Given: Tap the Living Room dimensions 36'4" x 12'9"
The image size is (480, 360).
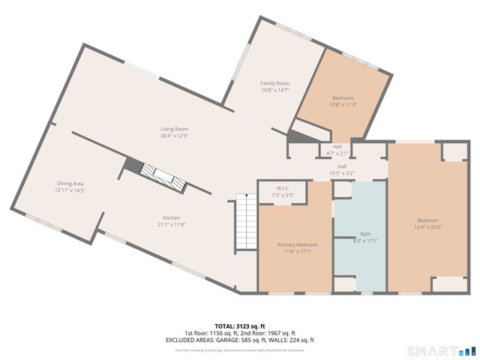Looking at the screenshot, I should coord(173,136).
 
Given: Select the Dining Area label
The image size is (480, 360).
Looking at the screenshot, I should coord(71,183).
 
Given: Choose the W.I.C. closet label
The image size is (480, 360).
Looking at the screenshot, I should coord(283,188).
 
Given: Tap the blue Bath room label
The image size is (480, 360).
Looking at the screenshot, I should coord(365,233).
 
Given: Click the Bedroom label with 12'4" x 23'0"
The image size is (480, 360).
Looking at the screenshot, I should coord(425,220).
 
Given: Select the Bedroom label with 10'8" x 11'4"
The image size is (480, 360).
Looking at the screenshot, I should coord(343,98).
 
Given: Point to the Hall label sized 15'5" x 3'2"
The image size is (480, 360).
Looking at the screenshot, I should coord(342,166).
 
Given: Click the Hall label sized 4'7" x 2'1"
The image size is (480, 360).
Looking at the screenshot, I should coord(337,146).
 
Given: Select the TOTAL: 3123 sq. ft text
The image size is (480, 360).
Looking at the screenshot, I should coord(239,326).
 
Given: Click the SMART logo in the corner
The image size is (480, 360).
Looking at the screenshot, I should coord(441,350).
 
